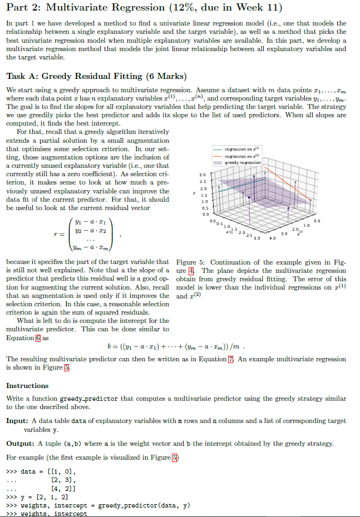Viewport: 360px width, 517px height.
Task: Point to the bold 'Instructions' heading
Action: click(27, 385)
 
